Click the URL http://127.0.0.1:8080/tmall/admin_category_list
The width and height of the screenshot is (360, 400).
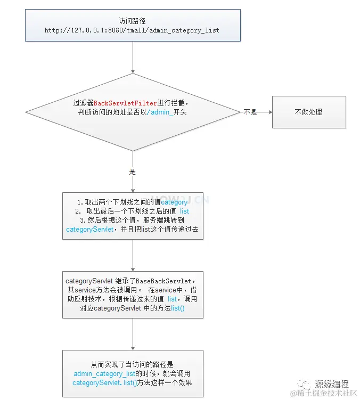132,30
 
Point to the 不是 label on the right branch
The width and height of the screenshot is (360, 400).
250,112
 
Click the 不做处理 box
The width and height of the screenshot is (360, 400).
308,112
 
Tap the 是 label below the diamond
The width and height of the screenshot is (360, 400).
133,172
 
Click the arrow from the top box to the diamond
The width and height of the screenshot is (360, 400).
133,61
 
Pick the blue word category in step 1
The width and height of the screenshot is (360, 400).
174,202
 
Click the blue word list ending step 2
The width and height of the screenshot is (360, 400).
184,211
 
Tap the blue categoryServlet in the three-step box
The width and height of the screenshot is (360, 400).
89,230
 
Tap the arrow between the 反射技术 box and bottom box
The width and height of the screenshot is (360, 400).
133,334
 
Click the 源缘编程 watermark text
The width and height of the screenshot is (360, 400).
331,383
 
